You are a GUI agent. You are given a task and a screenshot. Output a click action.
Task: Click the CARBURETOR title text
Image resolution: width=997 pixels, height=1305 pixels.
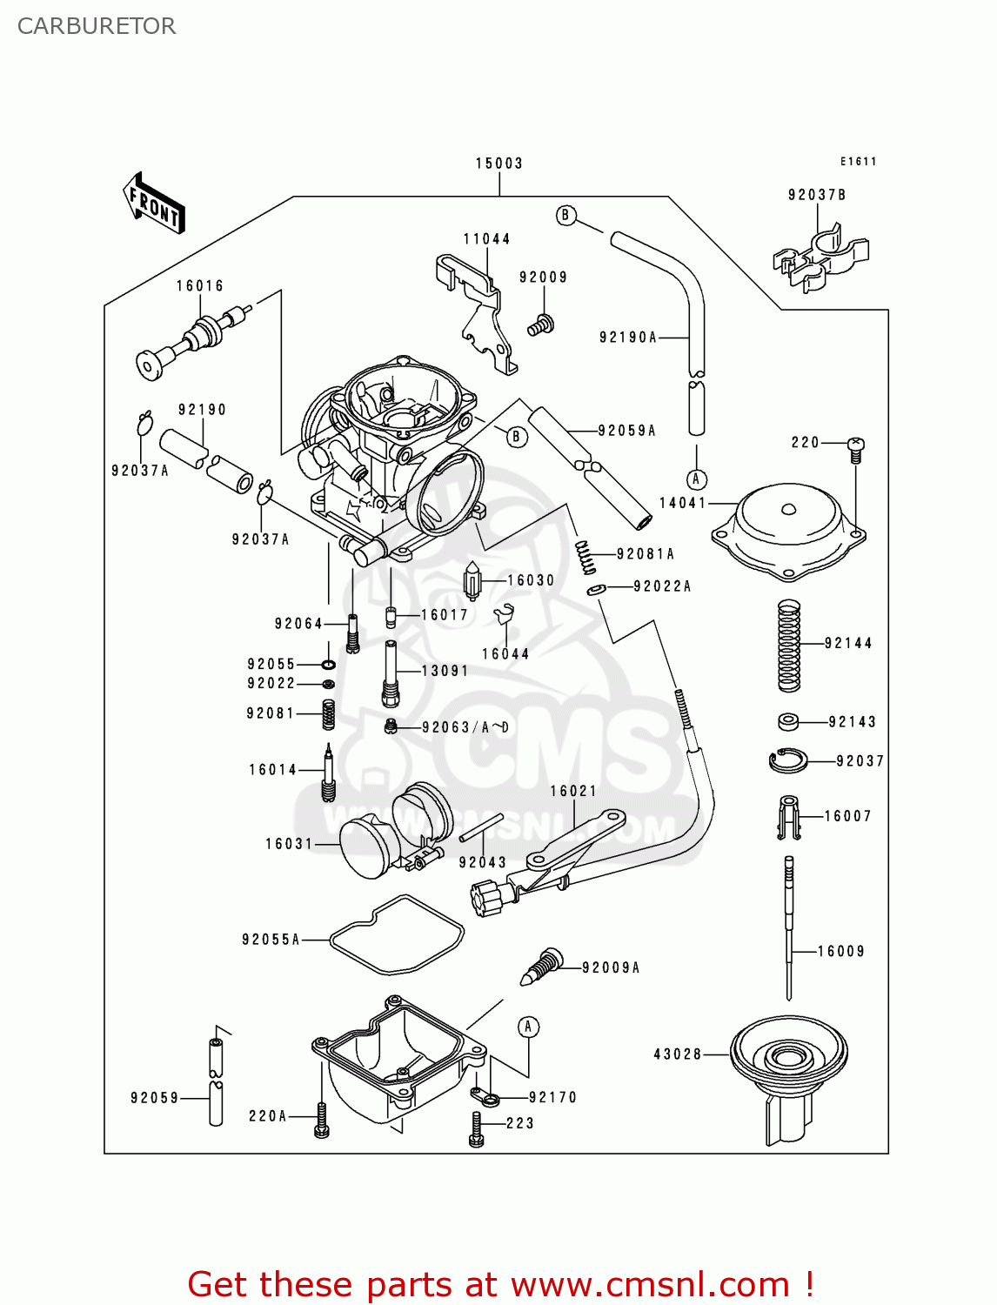click(97, 26)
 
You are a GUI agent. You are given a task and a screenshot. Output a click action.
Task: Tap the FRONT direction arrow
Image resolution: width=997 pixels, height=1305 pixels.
click(153, 204)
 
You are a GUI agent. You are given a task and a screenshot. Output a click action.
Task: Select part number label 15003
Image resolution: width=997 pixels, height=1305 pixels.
click(499, 164)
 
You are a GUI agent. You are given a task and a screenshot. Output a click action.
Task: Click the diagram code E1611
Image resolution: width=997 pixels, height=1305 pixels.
click(858, 162)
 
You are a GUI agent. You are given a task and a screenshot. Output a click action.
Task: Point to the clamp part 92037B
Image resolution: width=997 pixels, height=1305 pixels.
click(820, 258)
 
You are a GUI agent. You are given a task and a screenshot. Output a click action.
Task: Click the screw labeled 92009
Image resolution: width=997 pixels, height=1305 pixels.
click(540, 325)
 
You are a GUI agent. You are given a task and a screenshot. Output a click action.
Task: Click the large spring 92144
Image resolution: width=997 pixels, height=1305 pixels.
click(788, 646)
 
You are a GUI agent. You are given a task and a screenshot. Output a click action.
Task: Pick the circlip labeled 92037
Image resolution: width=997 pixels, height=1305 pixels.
click(788, 760)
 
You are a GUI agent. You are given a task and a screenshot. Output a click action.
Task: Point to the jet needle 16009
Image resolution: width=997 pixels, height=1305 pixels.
click(789, 927)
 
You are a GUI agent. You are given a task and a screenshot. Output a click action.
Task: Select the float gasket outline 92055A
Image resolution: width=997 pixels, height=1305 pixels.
click(397, 935)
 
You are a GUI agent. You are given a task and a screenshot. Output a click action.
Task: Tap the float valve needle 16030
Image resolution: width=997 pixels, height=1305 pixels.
click(472, 581)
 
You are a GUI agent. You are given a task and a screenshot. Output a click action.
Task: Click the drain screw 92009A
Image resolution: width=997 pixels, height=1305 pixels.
click(543, 967)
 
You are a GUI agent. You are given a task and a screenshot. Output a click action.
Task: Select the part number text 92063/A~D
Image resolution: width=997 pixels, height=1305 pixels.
click(465, 727)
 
